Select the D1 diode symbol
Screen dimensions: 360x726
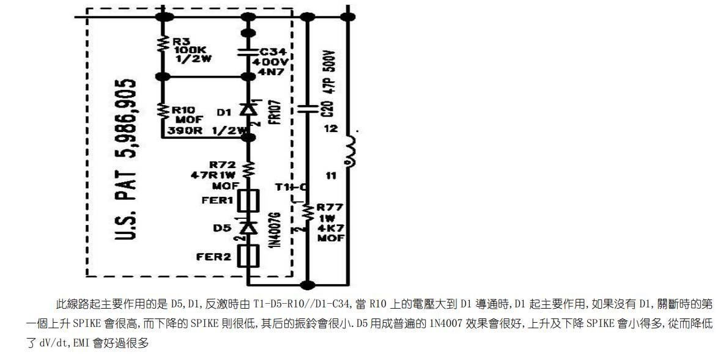click(248, 110)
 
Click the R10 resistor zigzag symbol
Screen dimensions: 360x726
click(163, 111)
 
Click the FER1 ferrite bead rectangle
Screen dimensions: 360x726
click(248, 200)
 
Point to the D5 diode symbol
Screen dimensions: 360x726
click(248, 228)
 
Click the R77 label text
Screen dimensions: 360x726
click(328, 207)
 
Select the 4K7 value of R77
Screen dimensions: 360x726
click(328, 227)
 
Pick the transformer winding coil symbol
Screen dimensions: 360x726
click(350, 150)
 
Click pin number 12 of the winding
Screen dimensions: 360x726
click(331, 129)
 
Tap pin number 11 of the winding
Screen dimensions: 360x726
click(331, 175)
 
